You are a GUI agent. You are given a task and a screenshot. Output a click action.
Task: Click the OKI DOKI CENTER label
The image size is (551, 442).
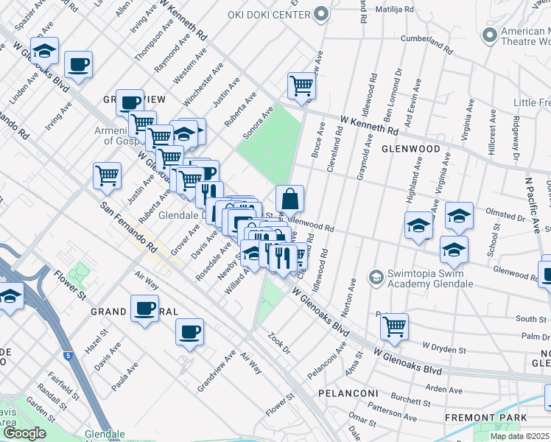[272, 13]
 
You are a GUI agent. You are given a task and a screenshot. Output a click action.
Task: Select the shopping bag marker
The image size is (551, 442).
[290, 199]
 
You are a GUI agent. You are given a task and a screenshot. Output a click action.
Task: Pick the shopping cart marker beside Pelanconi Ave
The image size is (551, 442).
[394, 326]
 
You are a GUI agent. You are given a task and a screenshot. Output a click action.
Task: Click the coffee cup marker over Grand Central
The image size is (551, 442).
[144, 309]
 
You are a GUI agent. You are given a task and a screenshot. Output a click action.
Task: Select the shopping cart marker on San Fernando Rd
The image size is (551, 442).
[107, 176]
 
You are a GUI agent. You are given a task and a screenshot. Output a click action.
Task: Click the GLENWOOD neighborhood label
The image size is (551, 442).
[410, 149]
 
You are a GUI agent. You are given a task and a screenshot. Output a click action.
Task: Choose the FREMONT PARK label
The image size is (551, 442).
[485, 418]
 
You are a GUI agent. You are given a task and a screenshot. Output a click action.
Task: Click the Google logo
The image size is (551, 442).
[25, 433]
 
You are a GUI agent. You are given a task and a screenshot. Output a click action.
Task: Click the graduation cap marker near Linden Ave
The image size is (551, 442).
[46, 52]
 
